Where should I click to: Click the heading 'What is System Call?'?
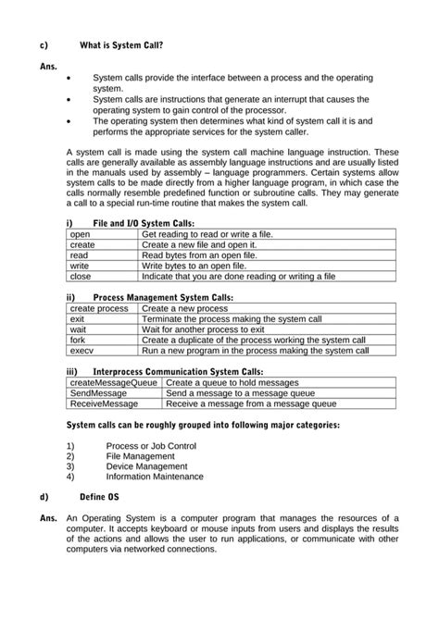[122, 43]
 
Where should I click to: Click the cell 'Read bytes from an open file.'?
[199, 255]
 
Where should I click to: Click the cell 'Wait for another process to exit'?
[204, 329]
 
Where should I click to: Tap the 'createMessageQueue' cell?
[114, 382]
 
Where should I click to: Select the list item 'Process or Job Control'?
[151, 446]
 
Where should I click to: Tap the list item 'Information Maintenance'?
[154, 477]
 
